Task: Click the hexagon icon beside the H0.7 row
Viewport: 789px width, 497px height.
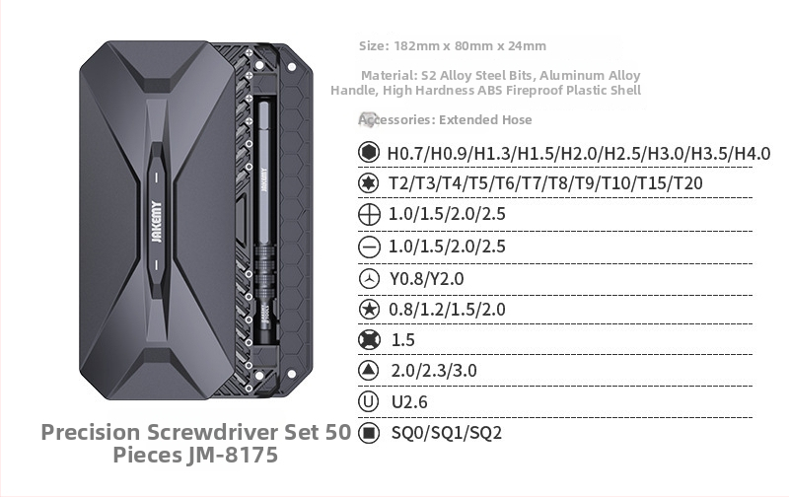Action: (x=369, y=153)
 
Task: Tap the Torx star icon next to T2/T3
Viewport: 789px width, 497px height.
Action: (x=369, y=183)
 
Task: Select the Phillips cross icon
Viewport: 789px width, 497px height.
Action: (x=369, y=215)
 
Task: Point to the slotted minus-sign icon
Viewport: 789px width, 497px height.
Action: (x=369, y=247)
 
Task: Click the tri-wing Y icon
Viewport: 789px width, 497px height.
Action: (x=369, y=278)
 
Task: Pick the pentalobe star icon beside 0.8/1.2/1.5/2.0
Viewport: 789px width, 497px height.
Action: (x=369, y=309)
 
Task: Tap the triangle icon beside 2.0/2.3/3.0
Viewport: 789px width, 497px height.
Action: (x=369, y=371)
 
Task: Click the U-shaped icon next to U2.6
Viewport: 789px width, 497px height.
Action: (x=369, y=401)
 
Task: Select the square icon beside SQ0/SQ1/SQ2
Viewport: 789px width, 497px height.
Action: (x=369, y=433)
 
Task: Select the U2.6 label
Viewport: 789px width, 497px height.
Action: (x=409, y=402)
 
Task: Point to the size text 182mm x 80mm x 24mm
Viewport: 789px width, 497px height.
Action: (x=469, y=46)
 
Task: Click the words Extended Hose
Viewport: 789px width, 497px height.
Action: (x=485, y=120)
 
